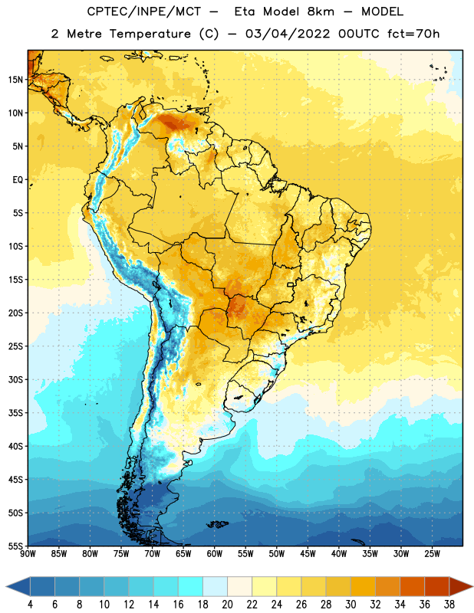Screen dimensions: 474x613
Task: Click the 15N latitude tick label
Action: [x=15, y=80]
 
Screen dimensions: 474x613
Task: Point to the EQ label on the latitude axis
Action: [x=18, y=180]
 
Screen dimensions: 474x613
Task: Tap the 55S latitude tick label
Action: [x=15, y=546]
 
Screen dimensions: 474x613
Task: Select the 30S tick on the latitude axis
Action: [x=15, y=379]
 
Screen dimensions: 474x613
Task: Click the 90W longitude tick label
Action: [x=28, y=554]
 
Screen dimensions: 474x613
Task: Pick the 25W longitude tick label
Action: [x=432, y=554]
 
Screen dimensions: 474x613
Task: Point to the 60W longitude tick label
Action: [x=215, y=554]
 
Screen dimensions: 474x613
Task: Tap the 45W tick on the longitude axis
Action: [x=308, y=554]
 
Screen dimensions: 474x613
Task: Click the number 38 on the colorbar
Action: [x=449, y=605]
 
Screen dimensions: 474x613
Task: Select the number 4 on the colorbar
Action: [x=30, y=605]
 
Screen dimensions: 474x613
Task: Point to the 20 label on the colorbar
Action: [x=227, y=605]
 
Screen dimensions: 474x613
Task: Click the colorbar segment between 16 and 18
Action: [x=191, y=587]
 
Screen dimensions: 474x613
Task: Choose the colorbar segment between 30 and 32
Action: [x=363, y=587]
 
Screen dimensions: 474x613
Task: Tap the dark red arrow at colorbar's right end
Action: [x=460, y=587]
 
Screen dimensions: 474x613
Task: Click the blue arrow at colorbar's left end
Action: [x=18, y=587]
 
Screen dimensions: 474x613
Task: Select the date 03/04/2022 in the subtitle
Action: [x=288, y=34]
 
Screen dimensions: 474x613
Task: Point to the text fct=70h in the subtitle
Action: [x=413, y=34]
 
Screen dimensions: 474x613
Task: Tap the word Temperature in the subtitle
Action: [x=150, y=34]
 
